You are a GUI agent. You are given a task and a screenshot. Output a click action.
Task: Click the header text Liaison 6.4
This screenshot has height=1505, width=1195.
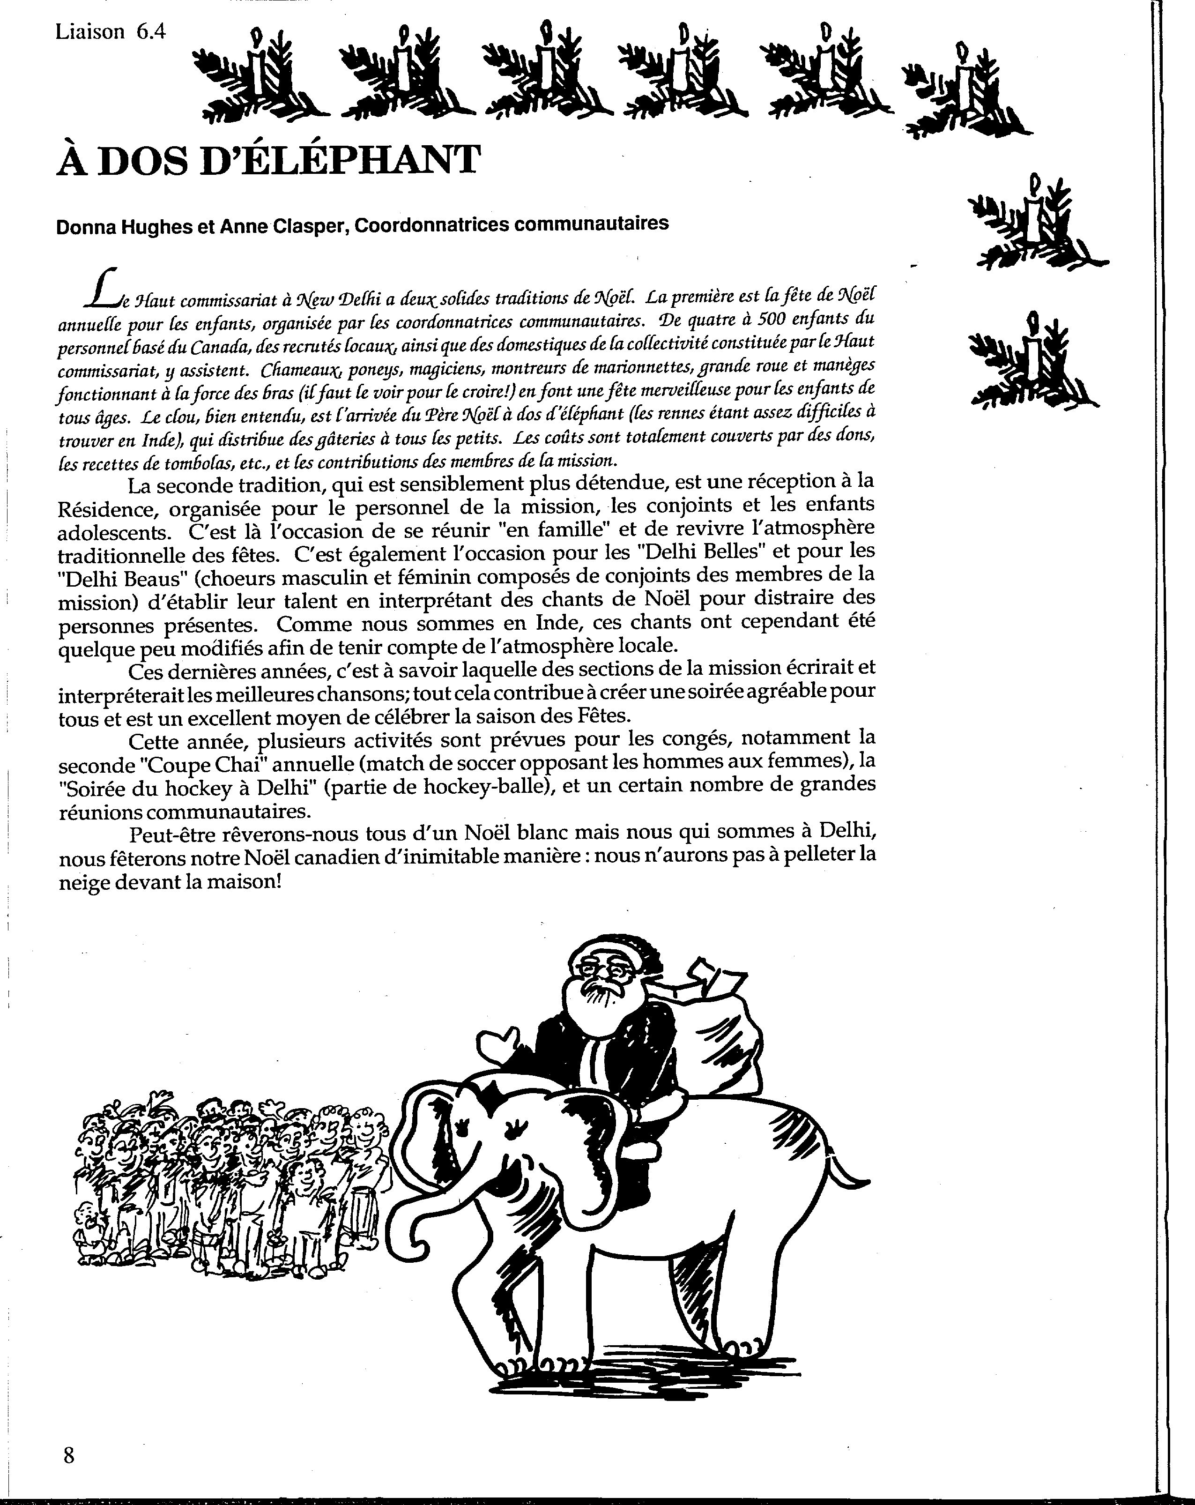click(110, 31)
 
